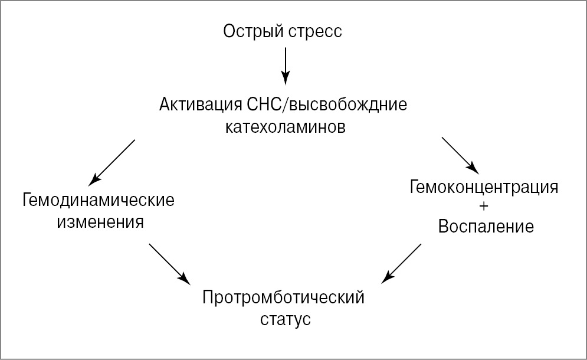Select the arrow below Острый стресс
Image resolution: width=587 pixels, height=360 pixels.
[286, 65]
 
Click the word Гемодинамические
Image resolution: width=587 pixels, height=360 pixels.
[99, 200]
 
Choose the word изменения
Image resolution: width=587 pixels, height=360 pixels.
[100, 222]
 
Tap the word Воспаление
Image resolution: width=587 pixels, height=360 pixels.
[486, 226]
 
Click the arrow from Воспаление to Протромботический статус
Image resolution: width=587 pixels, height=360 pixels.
[402, 262]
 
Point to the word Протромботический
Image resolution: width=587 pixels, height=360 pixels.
[283, 297]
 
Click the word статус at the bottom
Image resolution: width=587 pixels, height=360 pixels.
[285, 320]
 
